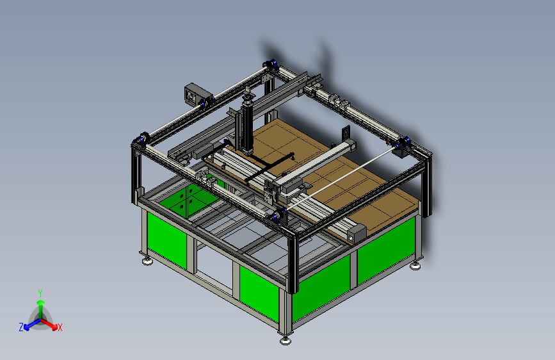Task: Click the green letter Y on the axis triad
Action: click(40, 293)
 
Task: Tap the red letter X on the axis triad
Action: click(60, 327)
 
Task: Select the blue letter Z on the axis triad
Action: click(21, 327)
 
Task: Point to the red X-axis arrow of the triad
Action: click(49, 323)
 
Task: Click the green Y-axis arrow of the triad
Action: click(41, 309)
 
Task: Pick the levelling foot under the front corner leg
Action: click(286, 340)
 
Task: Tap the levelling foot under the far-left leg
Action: click(147, 261)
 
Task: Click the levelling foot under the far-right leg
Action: click(415, 265)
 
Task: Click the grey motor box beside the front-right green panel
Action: click(357, 234)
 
